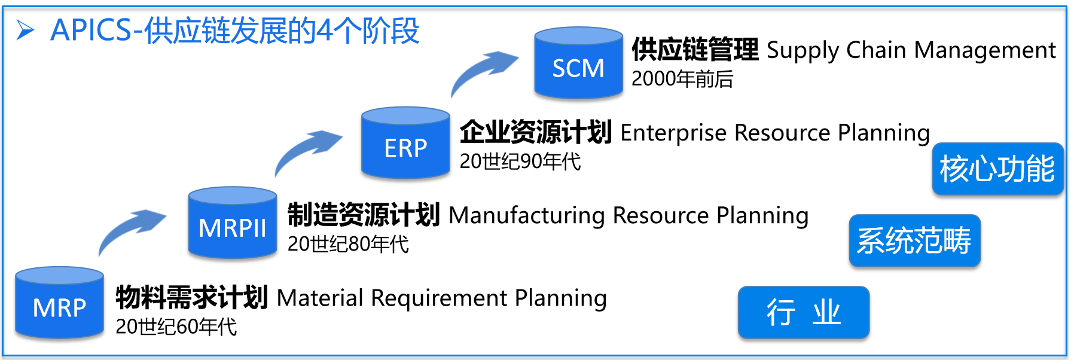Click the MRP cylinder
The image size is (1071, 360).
pyautogui.click(x=59, y=303)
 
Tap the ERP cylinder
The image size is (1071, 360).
pyautogui.click(x=405, y=144)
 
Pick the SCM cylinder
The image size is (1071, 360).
pyautogui.click(x=578, y=63)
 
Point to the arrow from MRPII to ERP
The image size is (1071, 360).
pyautogui.click(x=306, y=150)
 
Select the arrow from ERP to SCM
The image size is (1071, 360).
pyautogui.click(x=483, y=71)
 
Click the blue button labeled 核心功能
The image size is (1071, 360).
pyautogui.click(x=997, y=169)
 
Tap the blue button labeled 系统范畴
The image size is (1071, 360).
pyautogui.click(x=914, y=240)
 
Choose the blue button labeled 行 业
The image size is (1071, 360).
pyautogui.click(x=803, y=312)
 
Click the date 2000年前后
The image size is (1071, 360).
pyautogui.click(x=682, y=79)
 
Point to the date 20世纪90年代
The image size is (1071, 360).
pyautogui.click(x=520, y=161)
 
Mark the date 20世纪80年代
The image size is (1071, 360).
pyautogui.click(x=348, y=244)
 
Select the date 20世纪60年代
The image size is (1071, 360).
pyautogui.click(x=176, y=327)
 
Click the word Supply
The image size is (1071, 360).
pyautogui.click(x=803, y=51)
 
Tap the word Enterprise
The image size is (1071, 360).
pyautogui.click(x=673, y=133)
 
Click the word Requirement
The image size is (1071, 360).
pyautogui.click(x=439, y=298)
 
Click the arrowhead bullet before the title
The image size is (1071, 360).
pyautogui.click(x=25, y=30)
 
